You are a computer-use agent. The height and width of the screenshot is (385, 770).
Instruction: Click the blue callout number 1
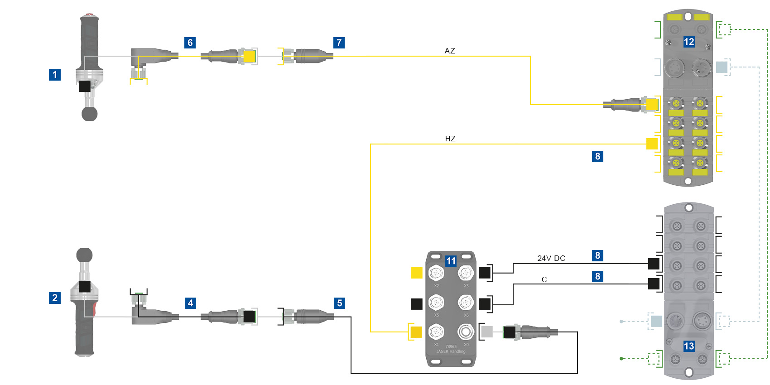[x=55, y=75]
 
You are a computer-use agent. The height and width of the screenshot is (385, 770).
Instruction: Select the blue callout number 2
[x=55, y=298]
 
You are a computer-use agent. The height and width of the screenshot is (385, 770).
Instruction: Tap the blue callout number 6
[x=190, y=43]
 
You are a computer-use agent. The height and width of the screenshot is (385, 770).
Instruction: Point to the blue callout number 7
[x=339, y=43]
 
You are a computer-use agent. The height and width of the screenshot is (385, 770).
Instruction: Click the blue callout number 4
[x=191, y=303]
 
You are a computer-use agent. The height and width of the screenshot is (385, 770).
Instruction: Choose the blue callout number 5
[x=340, y=303]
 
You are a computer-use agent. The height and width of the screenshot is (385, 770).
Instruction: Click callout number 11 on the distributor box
[x=451, y=261]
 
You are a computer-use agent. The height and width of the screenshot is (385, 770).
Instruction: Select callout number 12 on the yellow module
[x=689, y=42]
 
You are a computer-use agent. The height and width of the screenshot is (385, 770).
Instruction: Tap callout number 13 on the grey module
[x=689, y=346]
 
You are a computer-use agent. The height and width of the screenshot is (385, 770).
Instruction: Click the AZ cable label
[x=450, y=51]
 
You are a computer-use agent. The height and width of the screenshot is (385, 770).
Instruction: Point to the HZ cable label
[x=450, y=139]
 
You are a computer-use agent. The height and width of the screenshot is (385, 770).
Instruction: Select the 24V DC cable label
[x=551, y=258]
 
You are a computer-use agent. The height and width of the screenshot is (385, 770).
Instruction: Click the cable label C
[x=544, y=279]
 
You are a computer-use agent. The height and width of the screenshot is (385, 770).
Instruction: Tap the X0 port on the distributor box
[x=466, y=332]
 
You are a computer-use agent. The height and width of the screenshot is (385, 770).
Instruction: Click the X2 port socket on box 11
[x=436, y=273]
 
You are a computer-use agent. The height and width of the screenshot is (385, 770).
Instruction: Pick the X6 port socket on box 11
[x=466, y=302]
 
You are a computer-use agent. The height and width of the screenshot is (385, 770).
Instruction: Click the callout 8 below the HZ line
[x=598, y=156]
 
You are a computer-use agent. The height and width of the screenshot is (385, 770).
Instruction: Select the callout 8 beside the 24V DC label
[x=598, y=255]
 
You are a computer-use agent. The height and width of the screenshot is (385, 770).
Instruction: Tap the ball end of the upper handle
[x=89, y=114]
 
